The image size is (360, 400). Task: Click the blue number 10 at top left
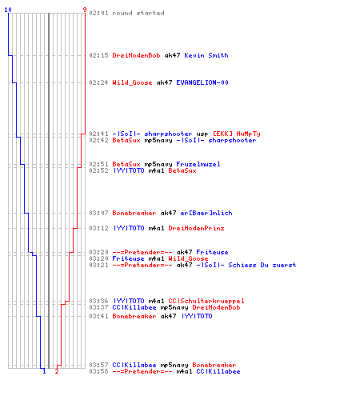[8, 10]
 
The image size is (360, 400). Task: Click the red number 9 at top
[85, 10]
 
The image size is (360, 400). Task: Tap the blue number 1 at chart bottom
[44, 371]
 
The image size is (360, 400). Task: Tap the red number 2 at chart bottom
[57, 371]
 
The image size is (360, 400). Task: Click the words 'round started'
[138, 13]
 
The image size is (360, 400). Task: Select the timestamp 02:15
[98, 55]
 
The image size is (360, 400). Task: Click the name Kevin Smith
[206, 55]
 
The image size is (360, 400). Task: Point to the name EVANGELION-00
[202, 82]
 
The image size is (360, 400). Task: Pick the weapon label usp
[202, 134]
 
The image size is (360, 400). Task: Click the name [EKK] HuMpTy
[236, 134]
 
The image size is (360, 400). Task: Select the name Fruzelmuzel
[198, 164]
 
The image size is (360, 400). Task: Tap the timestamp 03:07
[98, 213]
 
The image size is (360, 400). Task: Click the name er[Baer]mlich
[206, 213]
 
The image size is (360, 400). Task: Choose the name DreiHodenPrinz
[196, 228]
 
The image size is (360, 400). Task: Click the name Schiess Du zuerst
[262, 265]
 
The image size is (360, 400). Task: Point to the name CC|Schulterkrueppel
[206, 301]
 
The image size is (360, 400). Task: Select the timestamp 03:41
[98, 316]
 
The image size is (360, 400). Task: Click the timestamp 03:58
[98, 371]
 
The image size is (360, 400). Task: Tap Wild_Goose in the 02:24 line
[132, 82]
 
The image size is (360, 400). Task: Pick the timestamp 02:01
[98, 13]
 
